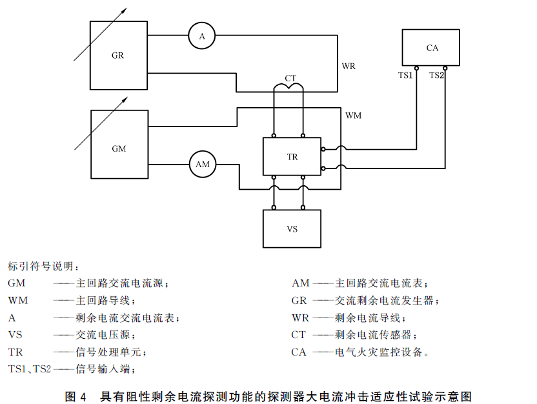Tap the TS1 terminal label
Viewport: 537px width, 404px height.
click(x=405, y=76)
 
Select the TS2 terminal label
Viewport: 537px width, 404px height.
click(x=436, y=76)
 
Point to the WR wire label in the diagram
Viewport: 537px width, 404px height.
click(x=349, y=66)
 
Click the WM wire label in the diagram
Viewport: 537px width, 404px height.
click(x=353, y=116)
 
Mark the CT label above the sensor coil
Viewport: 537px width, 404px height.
click(x=290, y=78)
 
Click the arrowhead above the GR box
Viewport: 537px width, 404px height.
click(x=125, y=10)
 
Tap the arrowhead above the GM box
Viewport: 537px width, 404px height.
click(x=125, y=99)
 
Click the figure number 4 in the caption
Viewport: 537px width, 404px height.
click(x=83, y=397)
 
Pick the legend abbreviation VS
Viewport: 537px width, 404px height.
click(x=15, y=334)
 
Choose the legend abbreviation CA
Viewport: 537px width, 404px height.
click(x=299, y=352)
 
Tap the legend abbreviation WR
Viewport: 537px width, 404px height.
click(x=300, y=318)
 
